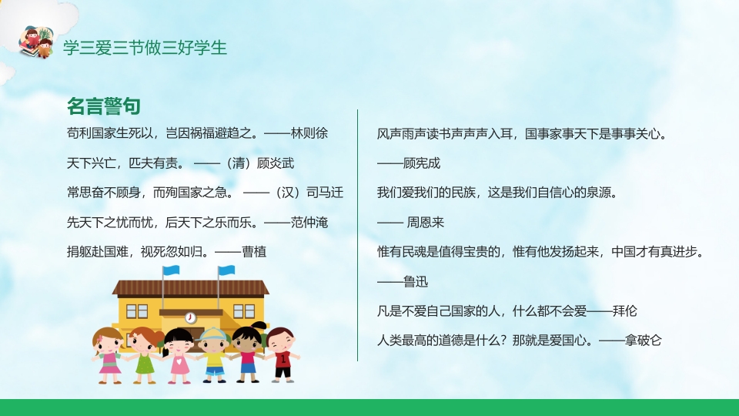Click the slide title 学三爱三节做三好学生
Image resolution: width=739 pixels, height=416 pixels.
pos(145,48)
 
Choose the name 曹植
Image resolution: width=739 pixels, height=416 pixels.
pos(254,253)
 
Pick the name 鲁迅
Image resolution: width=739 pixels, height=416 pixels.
pos(416,282)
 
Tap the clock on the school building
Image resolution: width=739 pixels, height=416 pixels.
pos(190,317)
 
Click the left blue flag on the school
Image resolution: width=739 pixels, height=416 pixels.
pos(171,271)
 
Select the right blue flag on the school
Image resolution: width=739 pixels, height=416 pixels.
pos(226,271)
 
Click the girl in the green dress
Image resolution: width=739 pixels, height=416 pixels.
pos(143,354)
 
